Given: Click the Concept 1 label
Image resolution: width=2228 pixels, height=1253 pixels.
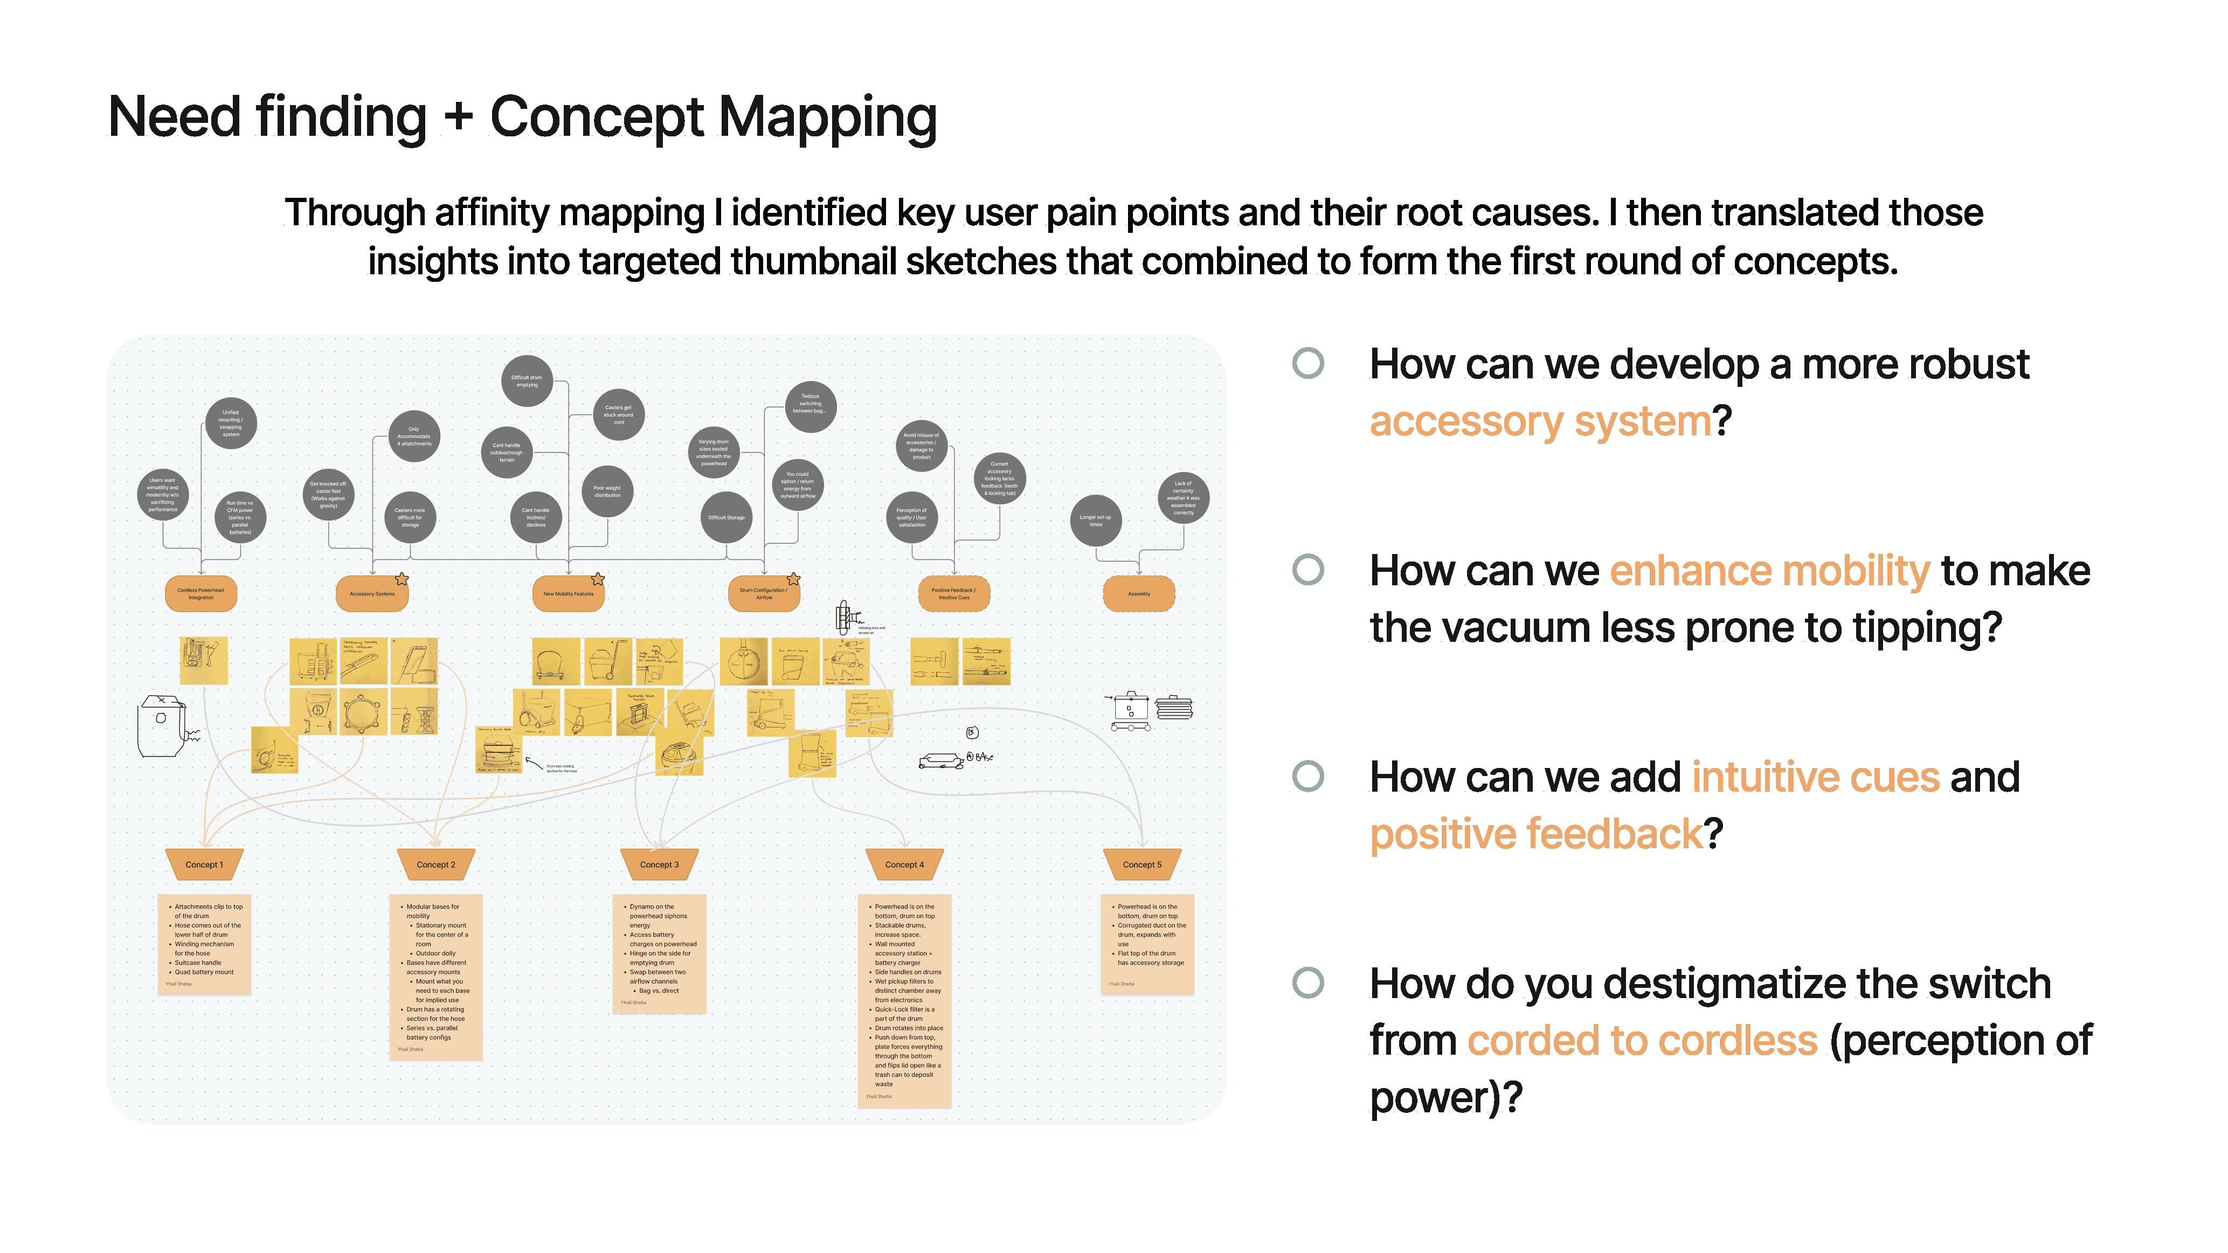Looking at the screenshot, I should click(x=204, y=865).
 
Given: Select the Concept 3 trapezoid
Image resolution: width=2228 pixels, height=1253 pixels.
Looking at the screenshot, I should click(x=659, y=865).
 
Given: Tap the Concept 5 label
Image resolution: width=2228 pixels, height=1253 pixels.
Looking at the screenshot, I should click(x=1141, y=865).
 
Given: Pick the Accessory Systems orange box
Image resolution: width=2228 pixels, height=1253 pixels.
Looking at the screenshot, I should click(x=372, y=594).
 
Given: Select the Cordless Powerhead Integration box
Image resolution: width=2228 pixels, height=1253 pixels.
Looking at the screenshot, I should click(x=200, y=594).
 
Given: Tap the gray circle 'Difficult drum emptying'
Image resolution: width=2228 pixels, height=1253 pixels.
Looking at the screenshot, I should click(x=527, y=380).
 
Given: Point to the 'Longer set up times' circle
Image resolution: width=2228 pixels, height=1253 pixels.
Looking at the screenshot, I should click(x=1096, y=521).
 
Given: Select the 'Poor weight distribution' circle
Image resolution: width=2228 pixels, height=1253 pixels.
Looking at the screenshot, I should click(x=607, y=491).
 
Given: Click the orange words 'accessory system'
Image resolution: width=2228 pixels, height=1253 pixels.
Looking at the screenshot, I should click(x=1540, y=422).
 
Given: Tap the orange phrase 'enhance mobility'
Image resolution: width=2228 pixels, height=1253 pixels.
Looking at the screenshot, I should click(x=1769, y=571).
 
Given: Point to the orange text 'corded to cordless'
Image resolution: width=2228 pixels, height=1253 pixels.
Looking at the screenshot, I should click(x=1643, y=1040).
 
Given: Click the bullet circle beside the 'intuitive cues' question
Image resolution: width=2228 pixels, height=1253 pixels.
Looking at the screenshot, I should click(x=1307, y=777).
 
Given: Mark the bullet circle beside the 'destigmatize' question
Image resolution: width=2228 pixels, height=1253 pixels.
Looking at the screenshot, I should click(x=1307, y=982).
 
